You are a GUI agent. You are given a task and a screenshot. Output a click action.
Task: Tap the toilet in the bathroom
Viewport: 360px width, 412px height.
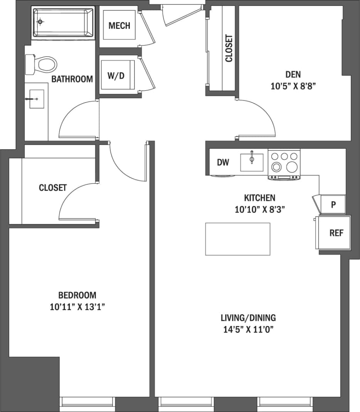point(42,64)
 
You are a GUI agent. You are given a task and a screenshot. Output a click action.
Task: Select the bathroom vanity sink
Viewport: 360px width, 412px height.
point(37,99)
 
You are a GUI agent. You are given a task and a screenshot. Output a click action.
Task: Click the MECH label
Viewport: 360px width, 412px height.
point(119,26)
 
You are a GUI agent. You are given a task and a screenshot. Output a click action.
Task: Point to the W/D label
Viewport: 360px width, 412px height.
point(116,76)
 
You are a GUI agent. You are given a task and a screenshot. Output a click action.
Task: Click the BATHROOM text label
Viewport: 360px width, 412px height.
point(72,79)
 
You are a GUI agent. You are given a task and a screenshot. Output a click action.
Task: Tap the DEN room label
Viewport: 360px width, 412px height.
point(293,74)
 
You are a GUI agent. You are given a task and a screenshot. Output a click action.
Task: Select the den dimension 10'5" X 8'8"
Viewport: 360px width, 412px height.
point(293,86)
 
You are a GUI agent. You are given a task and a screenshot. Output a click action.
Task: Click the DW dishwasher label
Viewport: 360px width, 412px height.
point(223,162)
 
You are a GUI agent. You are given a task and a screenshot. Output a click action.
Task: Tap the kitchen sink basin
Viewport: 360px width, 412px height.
point(252,162)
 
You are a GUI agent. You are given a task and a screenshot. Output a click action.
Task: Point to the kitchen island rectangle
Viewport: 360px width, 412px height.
point(237,239)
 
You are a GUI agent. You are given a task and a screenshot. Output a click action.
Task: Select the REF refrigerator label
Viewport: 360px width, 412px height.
point(336,233)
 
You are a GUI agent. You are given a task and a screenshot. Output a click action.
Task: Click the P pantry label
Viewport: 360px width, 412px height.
point(333,204)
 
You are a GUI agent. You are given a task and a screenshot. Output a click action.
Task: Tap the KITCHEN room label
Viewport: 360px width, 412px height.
point(260,198)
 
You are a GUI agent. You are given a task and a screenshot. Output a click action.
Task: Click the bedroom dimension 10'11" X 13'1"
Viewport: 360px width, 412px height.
point(77,307)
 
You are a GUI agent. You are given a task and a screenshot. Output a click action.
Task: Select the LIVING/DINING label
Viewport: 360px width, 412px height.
point(248,318)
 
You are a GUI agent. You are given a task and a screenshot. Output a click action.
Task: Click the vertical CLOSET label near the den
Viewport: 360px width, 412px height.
point(229,49)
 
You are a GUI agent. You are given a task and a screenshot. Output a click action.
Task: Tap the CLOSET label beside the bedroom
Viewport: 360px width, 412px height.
point(53,188)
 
